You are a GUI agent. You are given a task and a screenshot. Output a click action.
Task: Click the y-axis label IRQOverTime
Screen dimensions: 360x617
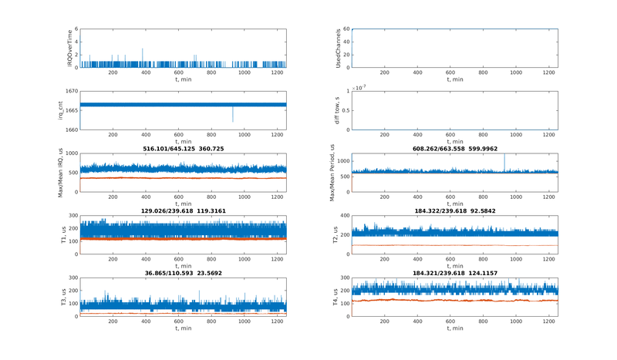pyautogui.click(x=69, y=48)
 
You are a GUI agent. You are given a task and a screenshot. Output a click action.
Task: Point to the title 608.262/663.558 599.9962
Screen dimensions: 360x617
pyautogui.click(x=454, y=148)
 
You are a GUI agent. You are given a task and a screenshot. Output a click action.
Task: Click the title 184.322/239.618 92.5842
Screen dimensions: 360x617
pyautogui.click(x=454, y=210)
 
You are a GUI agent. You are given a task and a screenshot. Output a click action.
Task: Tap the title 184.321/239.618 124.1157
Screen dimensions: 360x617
pyautogui.click(x=454, y=273)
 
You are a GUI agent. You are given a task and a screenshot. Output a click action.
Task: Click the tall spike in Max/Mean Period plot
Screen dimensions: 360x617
pyautogui.click(x=504, y=158)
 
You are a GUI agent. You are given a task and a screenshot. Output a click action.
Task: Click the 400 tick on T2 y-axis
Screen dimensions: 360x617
pyautogui.click(x=344, y=216)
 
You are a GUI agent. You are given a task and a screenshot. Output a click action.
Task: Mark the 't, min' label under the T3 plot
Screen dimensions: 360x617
pyautogui.click(x=183, y=328)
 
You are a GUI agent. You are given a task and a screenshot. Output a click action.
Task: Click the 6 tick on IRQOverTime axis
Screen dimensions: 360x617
pyautogui.click(x=76, y=29)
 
